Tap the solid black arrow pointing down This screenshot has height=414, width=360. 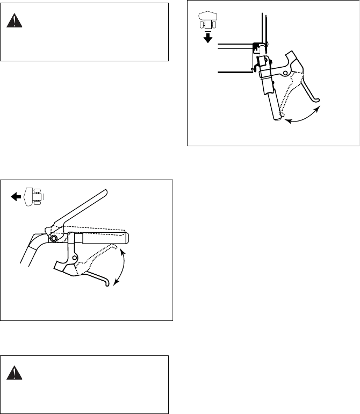[208, 38]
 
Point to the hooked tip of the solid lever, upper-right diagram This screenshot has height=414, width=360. [319, 99]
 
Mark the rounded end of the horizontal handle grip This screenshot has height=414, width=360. [128, 237]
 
